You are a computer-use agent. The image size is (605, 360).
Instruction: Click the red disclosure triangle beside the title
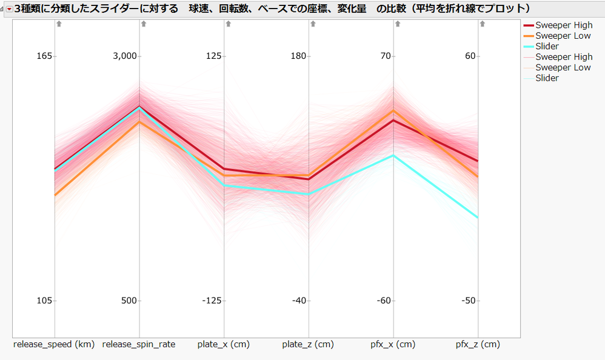(8, 8)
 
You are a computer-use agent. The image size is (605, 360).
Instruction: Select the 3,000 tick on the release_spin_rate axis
(126, 56)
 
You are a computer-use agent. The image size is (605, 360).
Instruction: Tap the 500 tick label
(129, 301)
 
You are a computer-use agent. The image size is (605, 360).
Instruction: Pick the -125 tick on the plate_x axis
(212, 301)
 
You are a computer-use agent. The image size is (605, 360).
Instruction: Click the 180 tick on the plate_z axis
(299, 56)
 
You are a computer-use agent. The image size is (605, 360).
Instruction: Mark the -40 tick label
(299, 301)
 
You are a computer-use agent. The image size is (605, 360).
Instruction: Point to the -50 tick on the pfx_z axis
(469, 301)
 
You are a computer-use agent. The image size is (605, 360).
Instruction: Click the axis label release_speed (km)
(53, 345)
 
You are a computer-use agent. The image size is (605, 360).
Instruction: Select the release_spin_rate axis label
(139, 345)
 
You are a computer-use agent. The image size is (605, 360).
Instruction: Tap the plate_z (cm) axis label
(308, 345)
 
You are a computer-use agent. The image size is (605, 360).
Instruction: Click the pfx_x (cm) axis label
(393, 345)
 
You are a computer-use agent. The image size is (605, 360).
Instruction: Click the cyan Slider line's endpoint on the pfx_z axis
(478, 217)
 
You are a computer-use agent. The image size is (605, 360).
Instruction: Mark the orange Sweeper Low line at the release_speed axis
(55, 195)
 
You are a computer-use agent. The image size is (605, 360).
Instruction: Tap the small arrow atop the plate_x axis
(228, 24)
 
